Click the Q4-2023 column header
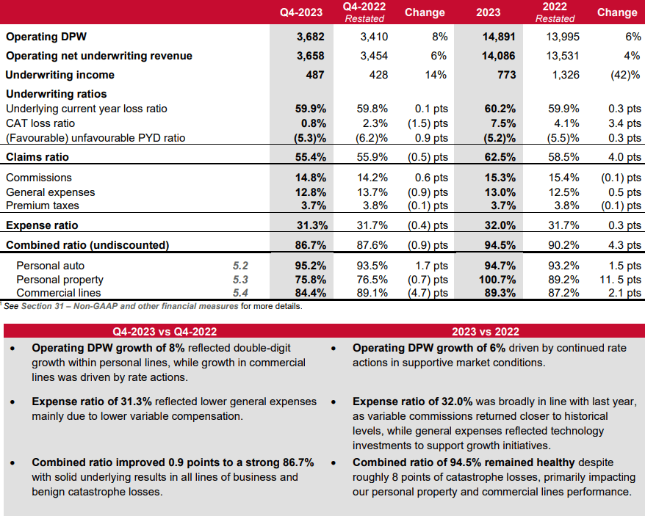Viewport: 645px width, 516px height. (x=302, y=12)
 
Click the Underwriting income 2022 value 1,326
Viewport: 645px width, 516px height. (x=563, y=75)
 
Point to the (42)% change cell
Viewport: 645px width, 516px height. (x=624, y=75)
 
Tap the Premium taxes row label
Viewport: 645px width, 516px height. (x=42, y=206)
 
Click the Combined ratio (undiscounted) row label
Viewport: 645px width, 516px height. (x=87, y=244)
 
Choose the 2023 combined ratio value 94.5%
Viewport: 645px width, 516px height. (x=501, y=244)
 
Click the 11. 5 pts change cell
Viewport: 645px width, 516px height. (x=620, y=280)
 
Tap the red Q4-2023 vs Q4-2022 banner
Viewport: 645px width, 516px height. (x=162, y=331)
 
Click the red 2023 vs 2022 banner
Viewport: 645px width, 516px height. (x=485, y=331)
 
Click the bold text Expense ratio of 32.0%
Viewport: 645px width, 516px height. (x=412, y=402)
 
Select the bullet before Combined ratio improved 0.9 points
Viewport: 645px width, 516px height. (x=12, y=463)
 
